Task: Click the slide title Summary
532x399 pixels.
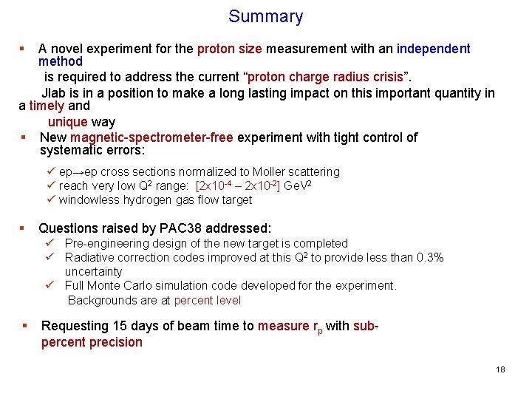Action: click(x=265, y=16)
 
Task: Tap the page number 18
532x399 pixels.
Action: click(x=500, y=369)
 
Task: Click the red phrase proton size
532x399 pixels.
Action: click(x=229, y=49)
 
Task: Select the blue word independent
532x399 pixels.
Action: click(x=433, y=49)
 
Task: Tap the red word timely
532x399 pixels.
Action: click(x=47, y=106)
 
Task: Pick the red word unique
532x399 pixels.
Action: click(x=68, y=122)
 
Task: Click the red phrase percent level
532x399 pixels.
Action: click(x=208, y=300)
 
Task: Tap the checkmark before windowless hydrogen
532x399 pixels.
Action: click(x=51, y=199)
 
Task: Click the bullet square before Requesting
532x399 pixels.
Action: click(x=25, y=326)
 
